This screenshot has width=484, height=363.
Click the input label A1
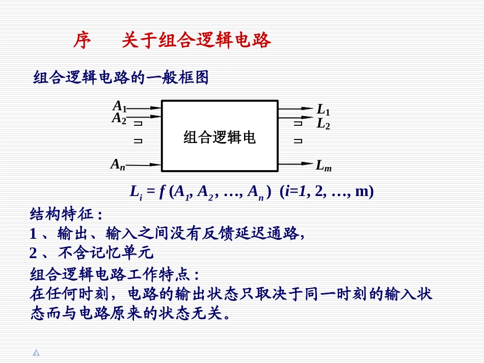(x=119, y=106)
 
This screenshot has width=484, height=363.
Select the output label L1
(x=324, y=109)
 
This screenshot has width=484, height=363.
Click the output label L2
(x=324, y=123)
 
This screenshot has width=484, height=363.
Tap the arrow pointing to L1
(x=295, y=108)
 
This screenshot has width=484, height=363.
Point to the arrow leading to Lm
(x=295, y=164)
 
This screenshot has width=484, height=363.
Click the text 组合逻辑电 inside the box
(x=220, y=137)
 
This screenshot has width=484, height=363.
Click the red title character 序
(x=82, y=41)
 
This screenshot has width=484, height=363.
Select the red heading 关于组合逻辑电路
(x=196, y=41)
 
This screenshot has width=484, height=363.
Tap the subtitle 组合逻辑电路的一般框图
(x=121, y=77)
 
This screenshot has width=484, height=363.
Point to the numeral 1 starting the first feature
(x=34, y=234)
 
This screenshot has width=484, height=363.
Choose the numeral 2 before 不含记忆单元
(x=34, y=253)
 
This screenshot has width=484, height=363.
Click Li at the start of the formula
(x=136, y=192)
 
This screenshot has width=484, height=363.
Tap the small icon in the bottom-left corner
(x=36, y=352)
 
